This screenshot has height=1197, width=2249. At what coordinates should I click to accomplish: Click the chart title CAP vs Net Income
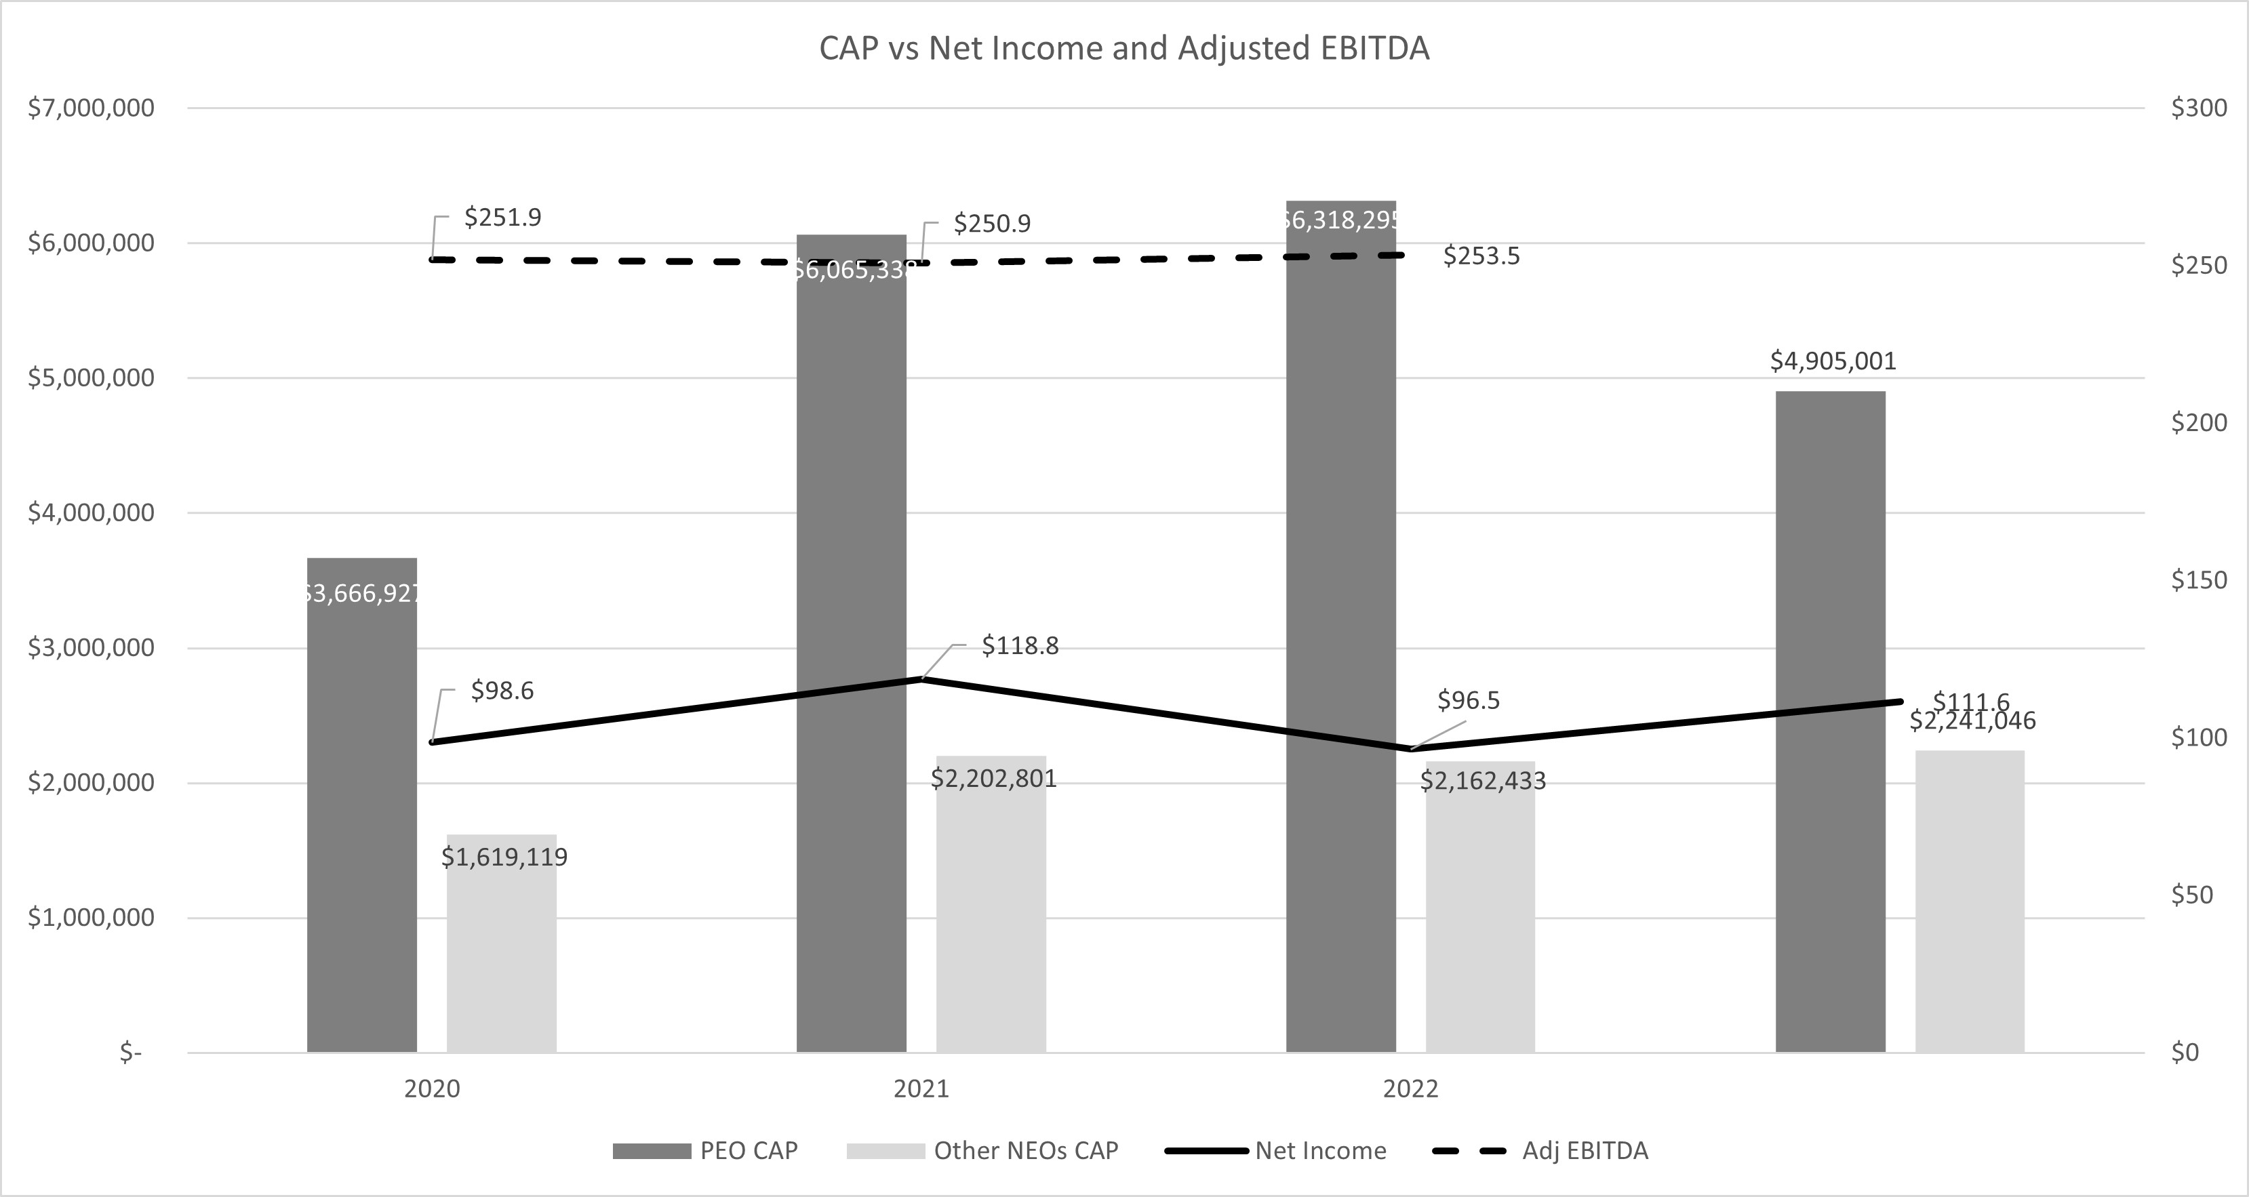(1123, 49)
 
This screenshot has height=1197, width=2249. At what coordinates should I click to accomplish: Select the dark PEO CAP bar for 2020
(361, 803)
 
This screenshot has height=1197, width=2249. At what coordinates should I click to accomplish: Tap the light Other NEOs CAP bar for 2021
(991, 908)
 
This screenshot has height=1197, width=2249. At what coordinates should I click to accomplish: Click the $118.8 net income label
(1020, 646)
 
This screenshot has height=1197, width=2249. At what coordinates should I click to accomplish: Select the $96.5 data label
(1468, 700)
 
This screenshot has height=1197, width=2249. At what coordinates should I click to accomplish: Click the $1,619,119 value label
(504, 857)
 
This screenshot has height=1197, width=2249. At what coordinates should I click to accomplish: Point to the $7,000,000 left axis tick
(91, 108)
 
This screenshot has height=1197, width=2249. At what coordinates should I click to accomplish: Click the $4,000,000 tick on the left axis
(91, 513)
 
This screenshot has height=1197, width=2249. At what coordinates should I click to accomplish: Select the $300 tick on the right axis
(2198, 108)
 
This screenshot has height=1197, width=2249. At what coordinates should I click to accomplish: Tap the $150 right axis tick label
(2198, 580)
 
